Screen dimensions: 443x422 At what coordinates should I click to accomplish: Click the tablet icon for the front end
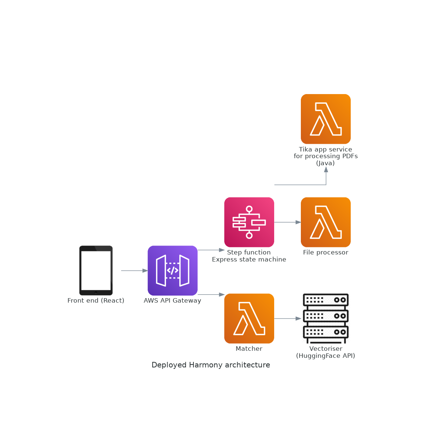(96, 270)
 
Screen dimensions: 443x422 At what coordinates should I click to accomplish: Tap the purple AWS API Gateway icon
(173, 270)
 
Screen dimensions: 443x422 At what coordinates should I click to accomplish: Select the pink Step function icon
(249, 222)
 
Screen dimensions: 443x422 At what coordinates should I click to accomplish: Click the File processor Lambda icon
(326, 222)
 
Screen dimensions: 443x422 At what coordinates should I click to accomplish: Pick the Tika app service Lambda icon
(326, 119)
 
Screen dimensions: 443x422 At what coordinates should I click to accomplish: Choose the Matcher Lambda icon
(249, 319)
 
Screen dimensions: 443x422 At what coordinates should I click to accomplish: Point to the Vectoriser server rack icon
(326, 319)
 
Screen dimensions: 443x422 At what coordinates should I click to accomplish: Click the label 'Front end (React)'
(96, 301)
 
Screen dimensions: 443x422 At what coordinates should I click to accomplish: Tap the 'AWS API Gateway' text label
(173, 301)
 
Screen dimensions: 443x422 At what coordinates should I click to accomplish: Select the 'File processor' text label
(326, 253)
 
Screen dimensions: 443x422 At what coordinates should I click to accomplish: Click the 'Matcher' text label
(249, 349)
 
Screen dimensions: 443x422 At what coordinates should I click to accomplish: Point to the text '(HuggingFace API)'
(326, 356)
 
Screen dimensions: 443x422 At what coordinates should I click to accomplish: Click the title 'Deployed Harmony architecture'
(211, 365)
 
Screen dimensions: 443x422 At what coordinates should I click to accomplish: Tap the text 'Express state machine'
(249, 260)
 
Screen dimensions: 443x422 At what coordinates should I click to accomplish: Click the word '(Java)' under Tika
(326, 163)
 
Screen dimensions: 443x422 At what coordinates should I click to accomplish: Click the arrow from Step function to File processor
(288, 222)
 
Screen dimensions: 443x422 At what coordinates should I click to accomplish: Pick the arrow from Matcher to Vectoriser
(288, 319)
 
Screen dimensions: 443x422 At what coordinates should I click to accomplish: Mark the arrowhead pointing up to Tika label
(326, 169)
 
